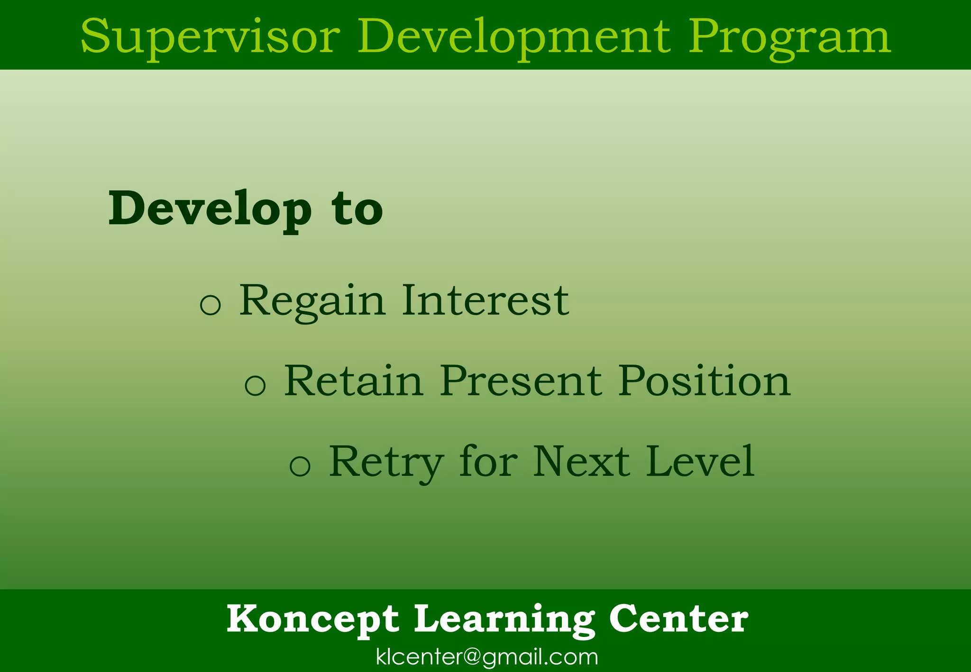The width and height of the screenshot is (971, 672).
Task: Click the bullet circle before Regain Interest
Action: pos(211,304)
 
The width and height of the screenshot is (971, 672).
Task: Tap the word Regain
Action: pos(311,300)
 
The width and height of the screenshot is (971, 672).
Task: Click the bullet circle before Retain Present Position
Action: pos(255,384)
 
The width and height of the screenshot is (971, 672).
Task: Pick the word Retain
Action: pos(353,381)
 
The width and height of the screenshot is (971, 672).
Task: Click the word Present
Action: pos(521,381)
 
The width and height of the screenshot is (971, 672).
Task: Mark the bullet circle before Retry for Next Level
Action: pos(300,465)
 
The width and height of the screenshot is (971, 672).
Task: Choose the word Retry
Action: pos(386,462)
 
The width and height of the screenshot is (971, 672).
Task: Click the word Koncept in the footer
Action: pos(313,619)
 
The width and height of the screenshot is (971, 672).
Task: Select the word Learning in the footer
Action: pos(504,619)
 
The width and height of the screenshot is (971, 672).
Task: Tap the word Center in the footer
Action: pos(678,619)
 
